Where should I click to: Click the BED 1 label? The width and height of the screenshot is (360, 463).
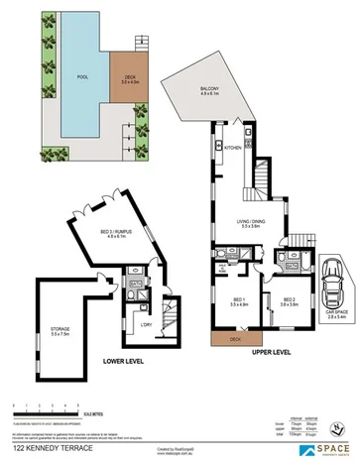(x=239, y=299)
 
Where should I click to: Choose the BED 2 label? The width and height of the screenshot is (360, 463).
(x=289, y=299)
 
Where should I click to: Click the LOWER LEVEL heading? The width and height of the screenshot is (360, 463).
(x=123, y=362)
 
